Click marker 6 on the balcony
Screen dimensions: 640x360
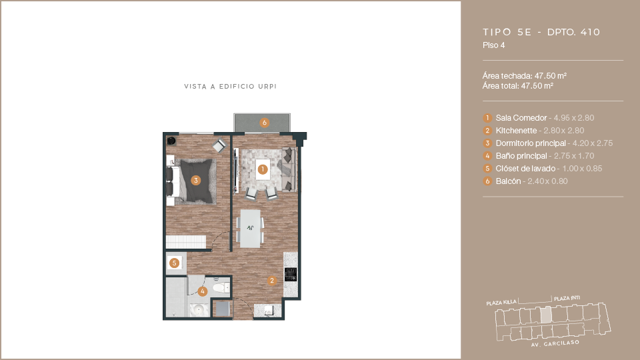pyautogui.click(x=265, y=123)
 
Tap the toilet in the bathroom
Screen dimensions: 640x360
pyautogui.click(x=221, y=288)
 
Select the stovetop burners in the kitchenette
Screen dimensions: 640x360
pyautogui.click(x=291, y=274)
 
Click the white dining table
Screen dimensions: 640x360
pyautogui.click(x=250, y=229)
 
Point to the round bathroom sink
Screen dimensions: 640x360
pyautogui.click(x=199, y=310)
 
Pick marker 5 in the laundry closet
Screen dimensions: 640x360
pyautogui.click(x=174, y=263)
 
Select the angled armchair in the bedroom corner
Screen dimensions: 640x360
pyautogui.click(x=219, y=146)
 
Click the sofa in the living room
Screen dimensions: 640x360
pyautogui.click(x=288, y=169)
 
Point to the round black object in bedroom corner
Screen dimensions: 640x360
pyautogui.click(x=171, y=141)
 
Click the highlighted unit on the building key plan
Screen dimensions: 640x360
pyautogui.click(x=546, y=315)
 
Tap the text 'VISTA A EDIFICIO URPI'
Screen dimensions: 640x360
pyautogui.click(x=230, y=87)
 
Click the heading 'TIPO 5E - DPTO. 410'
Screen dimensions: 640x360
pyautogui.click(x=541, y=32)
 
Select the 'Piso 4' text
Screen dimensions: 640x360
pyautogui.click(x=494, y=45)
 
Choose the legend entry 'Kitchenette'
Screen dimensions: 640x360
pyautogui.click(x=516, y=131)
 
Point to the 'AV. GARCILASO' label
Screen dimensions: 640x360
pyautogui.click(x=555, y=344)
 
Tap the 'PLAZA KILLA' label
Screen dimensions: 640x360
pyautogui.click(x=501, y=303)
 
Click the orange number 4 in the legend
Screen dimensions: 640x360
pyautogui.click(x=487, y=156)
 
